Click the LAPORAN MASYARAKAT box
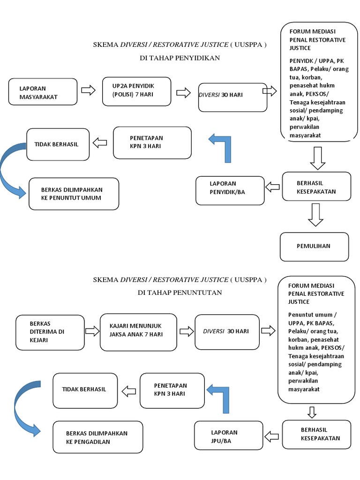pos(43,92)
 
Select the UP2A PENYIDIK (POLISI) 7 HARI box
pos(136,91)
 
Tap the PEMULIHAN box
pos(315,246)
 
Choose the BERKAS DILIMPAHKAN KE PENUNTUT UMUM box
pos(74,194)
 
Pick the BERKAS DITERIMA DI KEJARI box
pos(50,332)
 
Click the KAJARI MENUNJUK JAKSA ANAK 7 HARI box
pos(138,332)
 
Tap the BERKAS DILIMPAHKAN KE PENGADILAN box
pos(97,437)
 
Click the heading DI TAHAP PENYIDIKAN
pos(180,58)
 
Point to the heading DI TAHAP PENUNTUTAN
pos(180,292)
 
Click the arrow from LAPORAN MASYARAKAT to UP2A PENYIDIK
pos(89,90)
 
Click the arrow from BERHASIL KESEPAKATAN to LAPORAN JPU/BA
pos(271,437)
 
